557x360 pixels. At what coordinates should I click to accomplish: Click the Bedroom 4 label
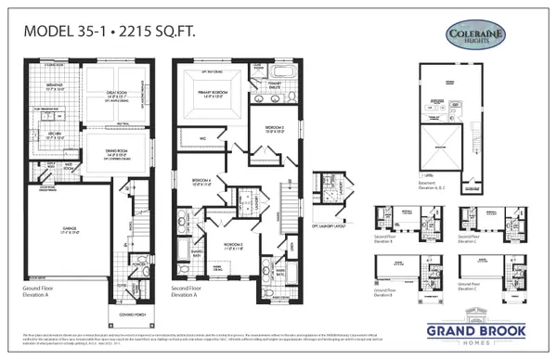[203, 182]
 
